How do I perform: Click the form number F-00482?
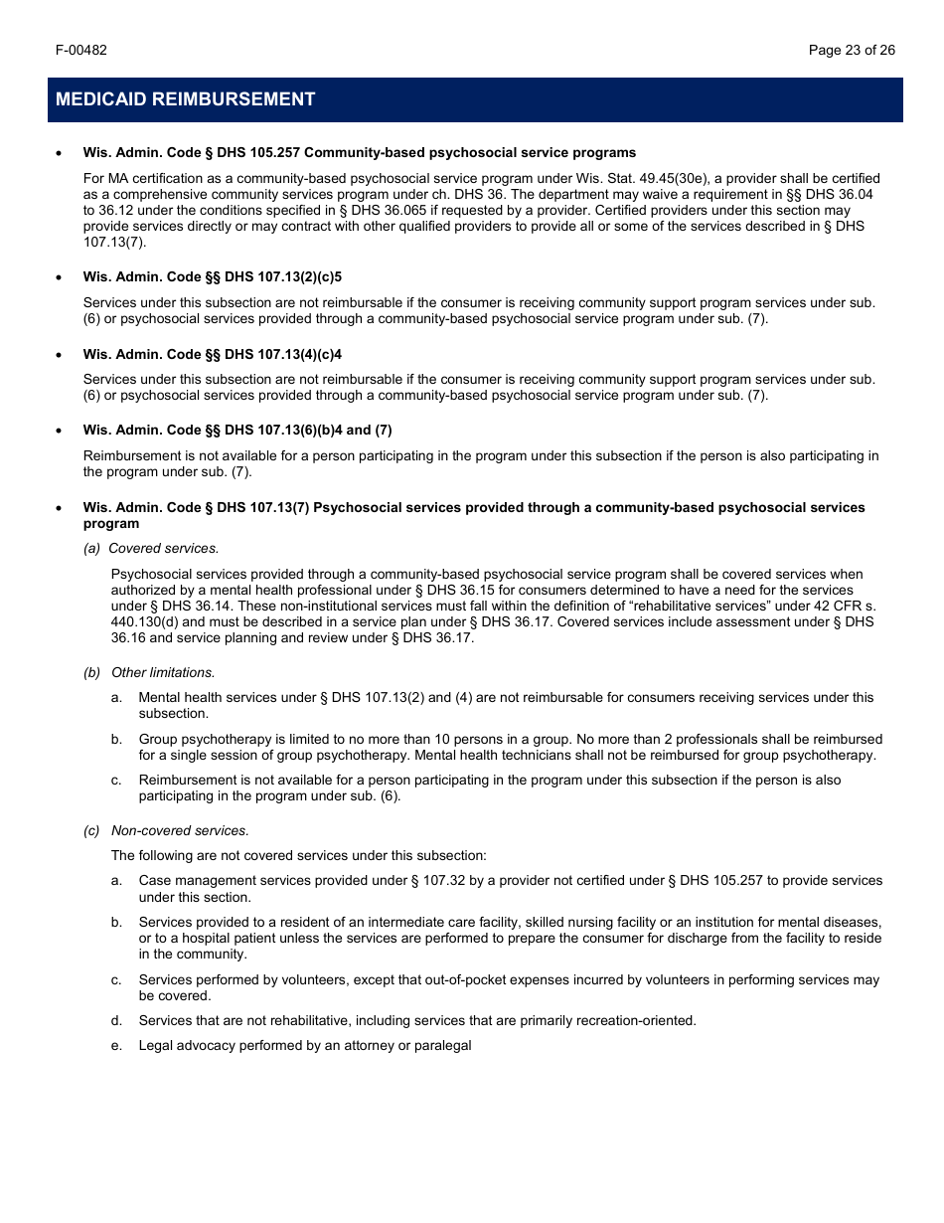(x=81, y=50)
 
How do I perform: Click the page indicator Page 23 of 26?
(x=852, y=50)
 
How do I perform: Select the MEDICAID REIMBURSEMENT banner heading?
(x=186, y=99)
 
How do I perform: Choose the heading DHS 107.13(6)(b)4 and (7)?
(x=237, y=430)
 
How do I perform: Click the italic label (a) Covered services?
(x=151, y=548)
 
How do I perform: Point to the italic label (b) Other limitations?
(x=149, y=673)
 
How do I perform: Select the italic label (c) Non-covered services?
(x=166, y=830)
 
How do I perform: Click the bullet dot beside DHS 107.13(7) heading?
(x=60, y=508)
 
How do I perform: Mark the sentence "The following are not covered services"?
(x=299, y=855)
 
